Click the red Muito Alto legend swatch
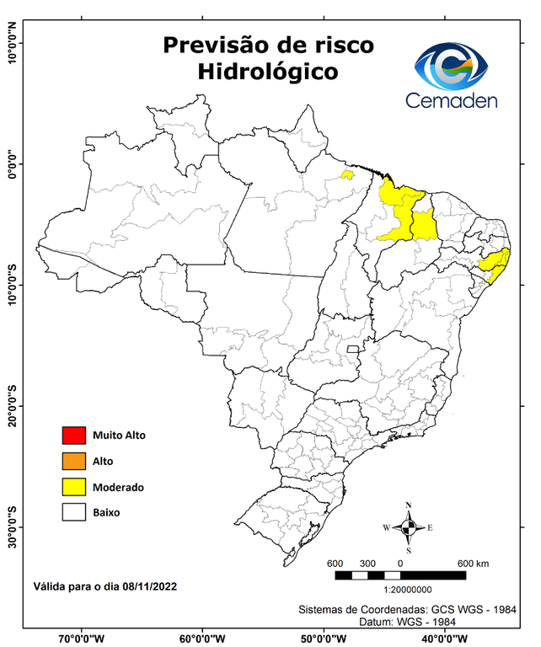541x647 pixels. (x=74, y=436)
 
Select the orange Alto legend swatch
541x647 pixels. (x=74, y=461)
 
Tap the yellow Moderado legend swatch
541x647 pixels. (x=74, y=487)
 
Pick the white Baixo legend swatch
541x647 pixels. (x=74, y=512)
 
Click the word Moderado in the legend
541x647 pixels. (x=118, y=487)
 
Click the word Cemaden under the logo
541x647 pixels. (x=452, y=100)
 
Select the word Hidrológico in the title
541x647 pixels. (x=268, y=72)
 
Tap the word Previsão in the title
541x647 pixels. (x=217, y=44)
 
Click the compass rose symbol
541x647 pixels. (x=408, y=527)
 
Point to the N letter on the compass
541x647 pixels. (x=408, y=505)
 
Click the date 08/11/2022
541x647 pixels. (x=149, y=585)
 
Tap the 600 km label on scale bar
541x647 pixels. (x=473, y=564)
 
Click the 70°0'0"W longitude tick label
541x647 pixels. (x=82, y=638)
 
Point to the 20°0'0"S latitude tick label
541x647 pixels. (x=13, y=407)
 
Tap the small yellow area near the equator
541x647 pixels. (x=346, y=175)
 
